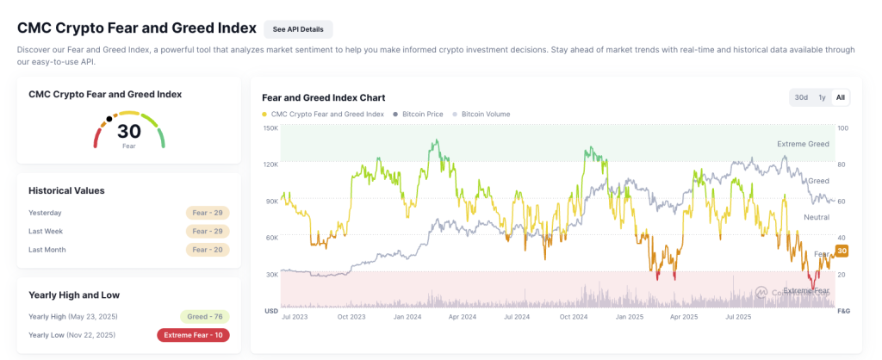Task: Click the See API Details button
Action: tap(298, 29)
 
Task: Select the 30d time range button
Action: tap(801, 97)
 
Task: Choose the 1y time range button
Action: tap(822, 97)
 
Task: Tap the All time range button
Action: tap(841, 97)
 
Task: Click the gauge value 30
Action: tap(129, 131)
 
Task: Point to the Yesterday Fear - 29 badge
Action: tap(208, 213)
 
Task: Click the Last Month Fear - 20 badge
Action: tap(208, 250)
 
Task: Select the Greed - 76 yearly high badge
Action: tap(206, 316)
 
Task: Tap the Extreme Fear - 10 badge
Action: tap(193, 334)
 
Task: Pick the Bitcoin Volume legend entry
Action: tap(485, 114)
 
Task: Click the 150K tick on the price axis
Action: tap(270, 128)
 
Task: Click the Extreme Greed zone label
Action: tap(803, 144)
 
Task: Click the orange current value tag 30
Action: tap(842, 251)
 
